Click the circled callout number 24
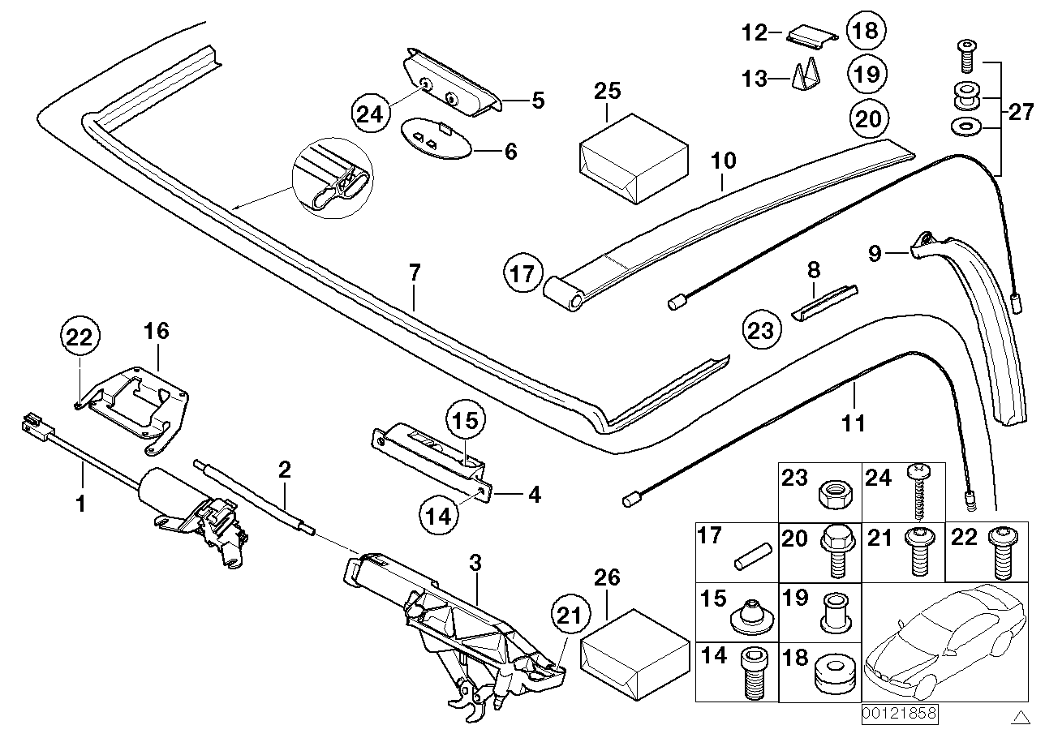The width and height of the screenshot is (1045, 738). [x=370, y=114]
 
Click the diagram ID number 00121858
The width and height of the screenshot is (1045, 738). [x=899, y=714]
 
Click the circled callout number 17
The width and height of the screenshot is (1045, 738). [x=522, y=273]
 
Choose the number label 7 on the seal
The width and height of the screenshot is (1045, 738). [x=414, y=273]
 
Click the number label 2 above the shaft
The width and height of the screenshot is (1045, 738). [x=284, y=469]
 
